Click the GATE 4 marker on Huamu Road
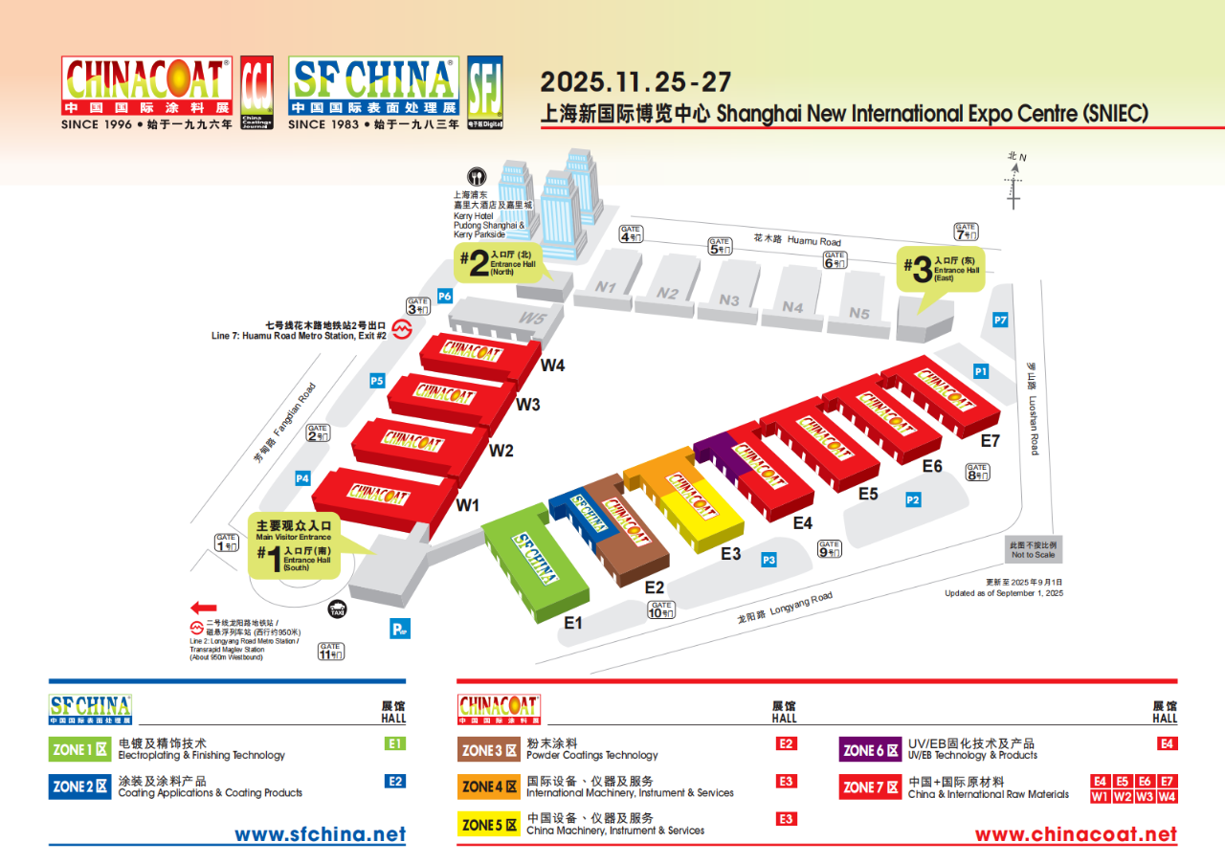point(630,233)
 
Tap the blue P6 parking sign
point(444,296)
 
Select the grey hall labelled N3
point(729,299)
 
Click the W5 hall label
point(533,318)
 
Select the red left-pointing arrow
point(204,607)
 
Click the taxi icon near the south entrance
point(337,609)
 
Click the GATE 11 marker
point(330,652)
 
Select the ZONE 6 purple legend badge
point(870,750)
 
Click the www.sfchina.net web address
point(320,834)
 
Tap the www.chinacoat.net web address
point(1076,834)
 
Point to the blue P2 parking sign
point(913,499)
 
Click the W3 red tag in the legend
point(1145,796)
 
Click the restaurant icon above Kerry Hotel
point(476,177)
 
